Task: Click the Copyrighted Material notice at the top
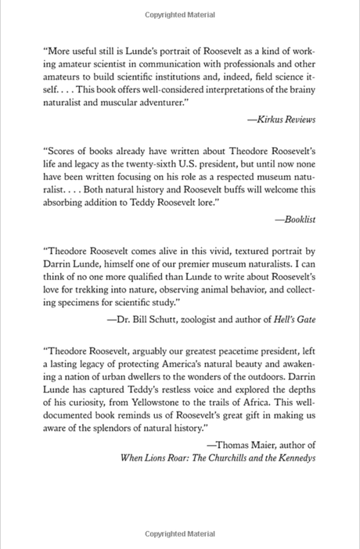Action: pos(180,15)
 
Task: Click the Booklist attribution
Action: pos(298,221)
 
